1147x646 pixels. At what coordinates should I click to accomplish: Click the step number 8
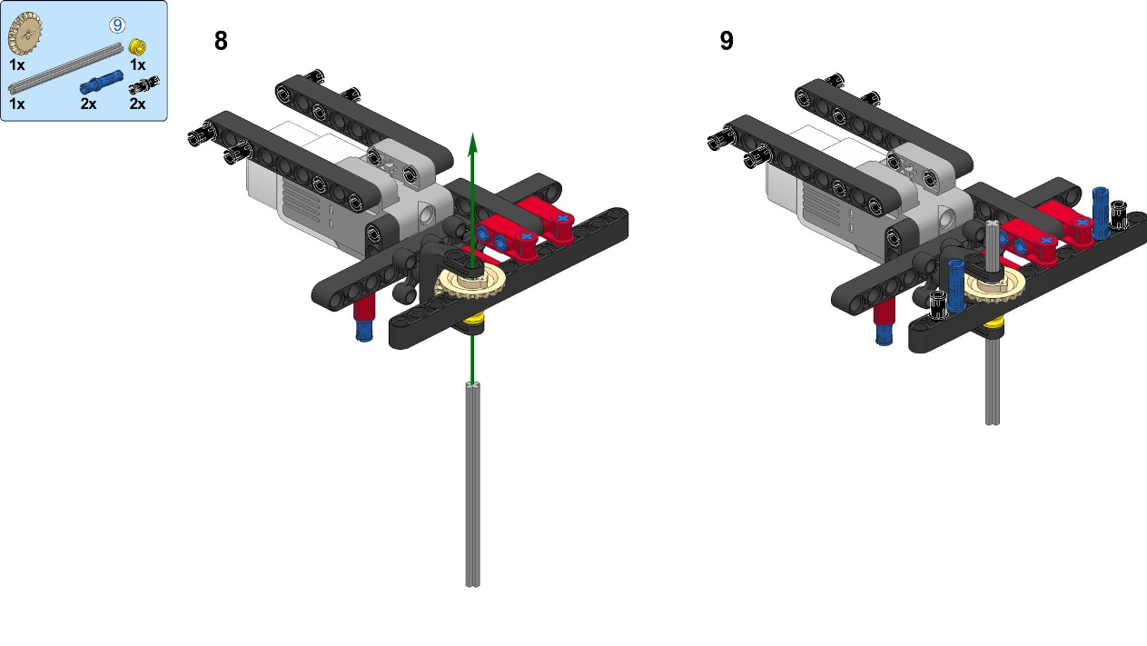click(x=221, y=41)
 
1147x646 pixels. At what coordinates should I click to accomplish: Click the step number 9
click(x=727, y=41)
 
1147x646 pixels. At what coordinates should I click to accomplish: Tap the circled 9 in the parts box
click(x=117, y=25)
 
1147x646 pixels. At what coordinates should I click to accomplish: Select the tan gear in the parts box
click(x=25, y=34)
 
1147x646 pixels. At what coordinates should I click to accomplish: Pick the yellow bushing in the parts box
click(x=137, y=46)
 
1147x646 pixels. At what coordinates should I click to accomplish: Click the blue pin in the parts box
click(x=102, y=82)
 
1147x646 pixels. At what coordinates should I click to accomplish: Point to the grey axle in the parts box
click(x=65, y=68)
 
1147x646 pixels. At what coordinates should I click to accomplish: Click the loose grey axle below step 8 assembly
click(x=472, y=484)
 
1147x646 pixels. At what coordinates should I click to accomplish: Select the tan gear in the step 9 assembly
click(x=993, y=287)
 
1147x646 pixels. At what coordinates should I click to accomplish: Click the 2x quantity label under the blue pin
click(x=88, y=104)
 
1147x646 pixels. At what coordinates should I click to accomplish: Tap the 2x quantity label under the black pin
click(x=137, y=104)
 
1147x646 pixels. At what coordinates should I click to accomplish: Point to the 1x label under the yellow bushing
click(x=138, y=65)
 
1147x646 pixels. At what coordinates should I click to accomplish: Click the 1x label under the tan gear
click(x=17, y=65)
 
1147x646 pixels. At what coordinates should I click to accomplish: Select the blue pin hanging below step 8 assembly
click(x=364, y=329)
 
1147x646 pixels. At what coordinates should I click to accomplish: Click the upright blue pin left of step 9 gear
click(x=955, y=286)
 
